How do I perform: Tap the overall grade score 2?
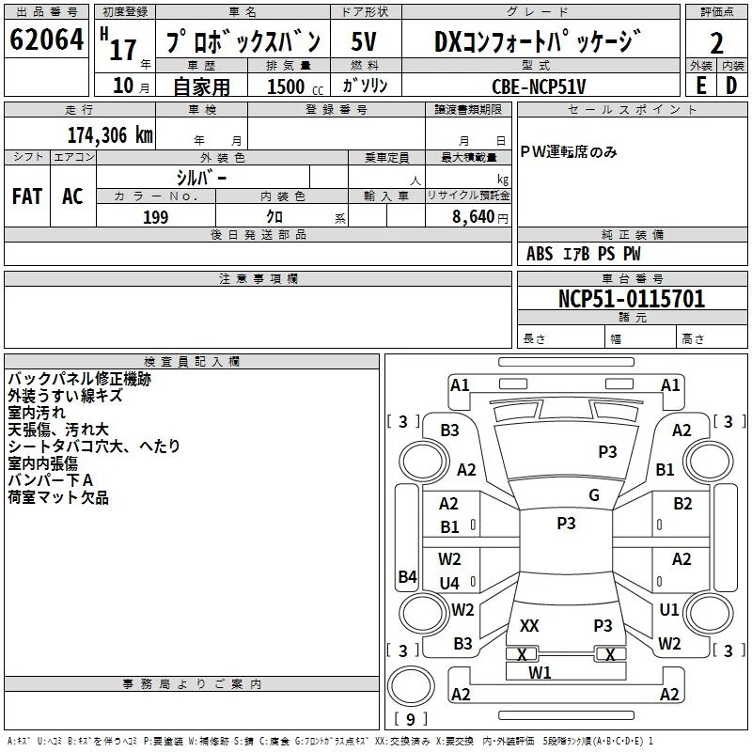point(716,43)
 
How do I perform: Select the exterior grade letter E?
point(700,85)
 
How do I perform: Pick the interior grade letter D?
point(731,85)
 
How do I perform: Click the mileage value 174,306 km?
point(110,135)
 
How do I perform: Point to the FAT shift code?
point(27,196)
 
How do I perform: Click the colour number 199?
point(155,217)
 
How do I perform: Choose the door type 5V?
point(366,42)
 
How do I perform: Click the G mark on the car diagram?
point(593,495)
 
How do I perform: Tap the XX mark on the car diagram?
point(529,625)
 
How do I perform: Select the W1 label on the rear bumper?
point(540,672)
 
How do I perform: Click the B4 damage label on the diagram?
point(407,576)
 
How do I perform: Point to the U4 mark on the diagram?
point(449,583)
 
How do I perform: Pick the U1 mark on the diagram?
point(669,610)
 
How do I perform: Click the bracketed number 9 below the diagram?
point(410,719)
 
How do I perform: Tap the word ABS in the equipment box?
point(540,254)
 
